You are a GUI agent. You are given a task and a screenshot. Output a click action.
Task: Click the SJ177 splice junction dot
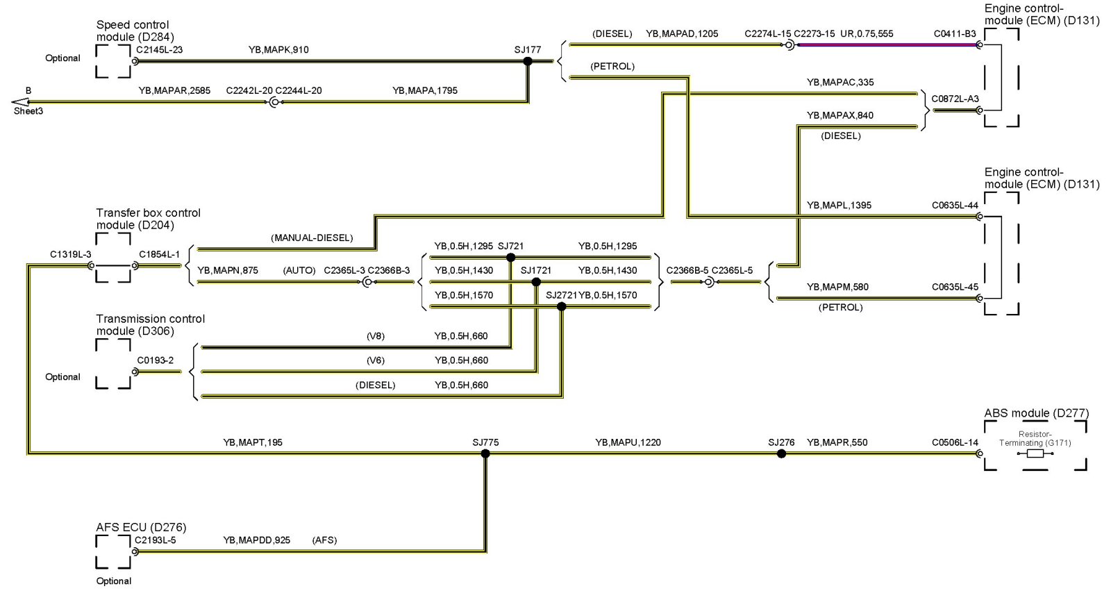click(528, 61)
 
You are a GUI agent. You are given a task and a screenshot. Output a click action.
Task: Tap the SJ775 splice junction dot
click(485, 453)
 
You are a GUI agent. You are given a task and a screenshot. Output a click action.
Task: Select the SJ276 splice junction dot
click(781, 453)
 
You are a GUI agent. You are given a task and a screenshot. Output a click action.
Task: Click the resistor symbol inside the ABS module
click(1035, 453)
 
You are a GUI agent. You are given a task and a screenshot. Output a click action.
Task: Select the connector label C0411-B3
click(954, 33)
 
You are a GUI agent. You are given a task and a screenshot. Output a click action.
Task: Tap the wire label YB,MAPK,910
click(278, 50)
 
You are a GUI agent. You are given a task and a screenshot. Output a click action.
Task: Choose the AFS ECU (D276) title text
click(141, 527)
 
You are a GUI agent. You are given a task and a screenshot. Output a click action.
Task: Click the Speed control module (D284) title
click(135, 31)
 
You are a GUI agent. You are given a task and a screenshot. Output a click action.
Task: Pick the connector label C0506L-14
click(955, 442)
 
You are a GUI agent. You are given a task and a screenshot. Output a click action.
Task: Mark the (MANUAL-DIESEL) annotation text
click(312, 238)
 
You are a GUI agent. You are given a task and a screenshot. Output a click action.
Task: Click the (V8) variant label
click(376, 336)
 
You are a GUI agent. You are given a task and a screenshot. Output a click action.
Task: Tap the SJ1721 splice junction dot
click(536, 282)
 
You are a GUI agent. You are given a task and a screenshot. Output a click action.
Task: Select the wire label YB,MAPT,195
click(253, 442)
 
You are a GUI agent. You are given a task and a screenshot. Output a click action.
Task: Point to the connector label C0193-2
click(156, 360)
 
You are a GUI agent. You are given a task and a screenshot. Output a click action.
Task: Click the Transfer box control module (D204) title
click(148, 219)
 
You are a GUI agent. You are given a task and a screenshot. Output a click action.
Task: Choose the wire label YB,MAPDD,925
click(257, 540)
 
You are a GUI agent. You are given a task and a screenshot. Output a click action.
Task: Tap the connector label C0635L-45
click(955, 287)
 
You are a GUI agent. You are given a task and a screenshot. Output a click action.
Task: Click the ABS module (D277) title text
click(1036, 413)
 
